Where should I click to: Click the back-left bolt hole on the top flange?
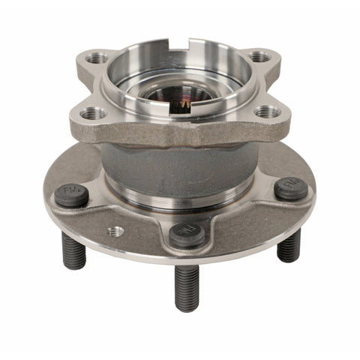(96, 58)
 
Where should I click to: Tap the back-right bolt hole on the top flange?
(259, 56)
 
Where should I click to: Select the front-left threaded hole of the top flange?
(93, 113)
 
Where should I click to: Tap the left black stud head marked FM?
(72, 195)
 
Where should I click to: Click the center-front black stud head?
(187, 234)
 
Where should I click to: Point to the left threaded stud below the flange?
(73, 251)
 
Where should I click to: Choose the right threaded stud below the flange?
(289, 244)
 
